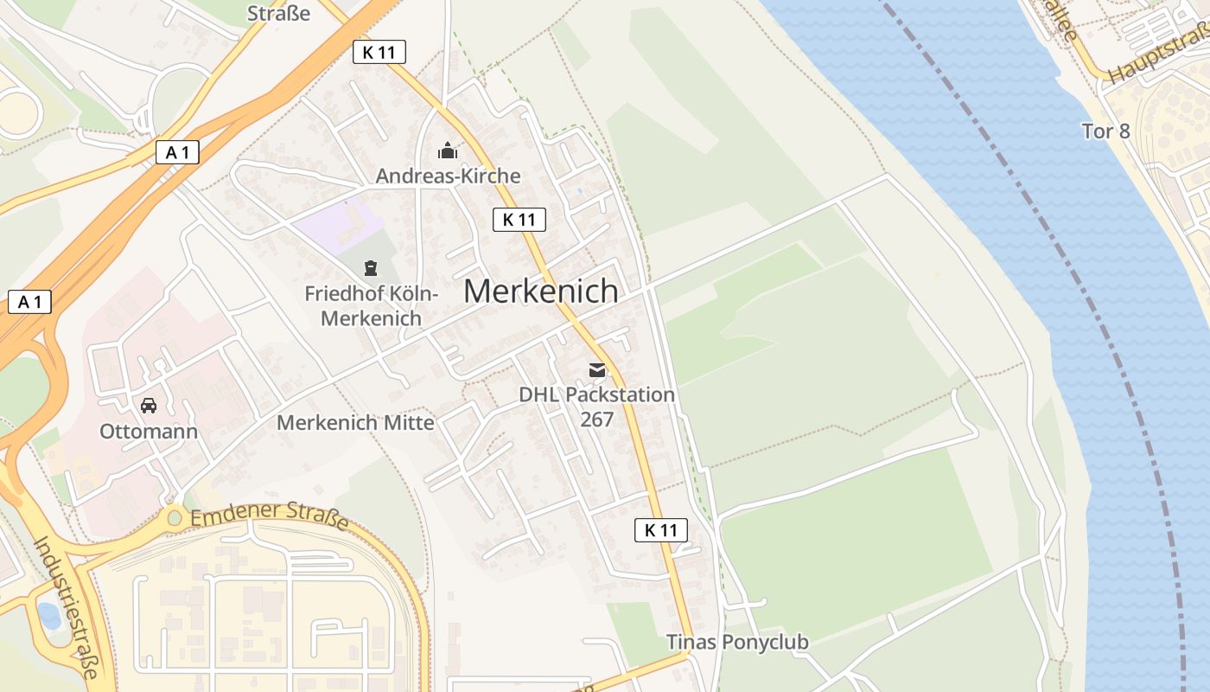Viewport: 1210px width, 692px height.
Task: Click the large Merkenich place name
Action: click(540, 292)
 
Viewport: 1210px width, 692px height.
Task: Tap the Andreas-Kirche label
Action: click(448, 176)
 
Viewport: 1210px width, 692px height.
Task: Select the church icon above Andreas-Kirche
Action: click(448, 152)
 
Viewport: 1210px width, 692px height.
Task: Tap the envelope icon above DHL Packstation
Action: click(597, 370)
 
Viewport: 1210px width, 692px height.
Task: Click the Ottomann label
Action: click(149, 432)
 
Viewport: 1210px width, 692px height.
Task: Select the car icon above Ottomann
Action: click(149, 405)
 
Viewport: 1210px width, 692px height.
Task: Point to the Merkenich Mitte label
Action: click(355, 423)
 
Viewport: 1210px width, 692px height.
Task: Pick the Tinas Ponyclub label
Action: click(737, 642)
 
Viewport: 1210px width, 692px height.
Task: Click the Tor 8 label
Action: click(1105, 131)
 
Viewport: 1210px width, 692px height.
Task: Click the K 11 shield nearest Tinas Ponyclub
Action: click(661, 530)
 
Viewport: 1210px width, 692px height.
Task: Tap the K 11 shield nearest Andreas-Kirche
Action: click(519, 220)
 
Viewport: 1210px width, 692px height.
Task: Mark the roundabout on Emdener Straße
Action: click(175, 518)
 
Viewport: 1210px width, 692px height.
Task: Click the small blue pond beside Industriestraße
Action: click(48, 615)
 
